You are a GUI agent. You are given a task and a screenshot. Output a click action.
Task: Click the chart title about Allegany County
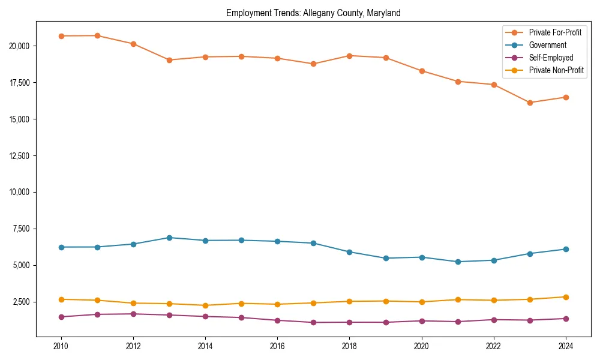pos(313,13)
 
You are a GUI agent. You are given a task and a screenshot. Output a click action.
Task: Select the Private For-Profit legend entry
pos(555,32)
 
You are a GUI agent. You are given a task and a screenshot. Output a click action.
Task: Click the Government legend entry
pos(547,45)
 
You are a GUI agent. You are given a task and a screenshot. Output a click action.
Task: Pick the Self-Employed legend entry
pos(551,58)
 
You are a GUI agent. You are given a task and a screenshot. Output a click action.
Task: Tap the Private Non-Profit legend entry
pos(556,71)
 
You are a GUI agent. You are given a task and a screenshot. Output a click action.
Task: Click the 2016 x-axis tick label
pos(277,346)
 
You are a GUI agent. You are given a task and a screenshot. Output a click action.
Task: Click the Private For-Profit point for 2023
pos(530,103)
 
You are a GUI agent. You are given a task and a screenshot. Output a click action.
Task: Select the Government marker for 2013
pos(169,238)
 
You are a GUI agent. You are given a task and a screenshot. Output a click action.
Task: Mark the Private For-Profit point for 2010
pos(61,36)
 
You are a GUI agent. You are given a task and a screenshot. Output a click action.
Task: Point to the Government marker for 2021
pos(458,262)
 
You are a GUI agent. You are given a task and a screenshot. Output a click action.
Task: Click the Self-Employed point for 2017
pos(313,322)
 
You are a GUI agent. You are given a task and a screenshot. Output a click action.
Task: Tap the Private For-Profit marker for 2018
pos(349,56)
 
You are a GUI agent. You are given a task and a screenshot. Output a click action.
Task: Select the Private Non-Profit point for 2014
pos(205,305)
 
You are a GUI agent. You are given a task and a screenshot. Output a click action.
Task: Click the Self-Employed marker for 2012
pos(133,314)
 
